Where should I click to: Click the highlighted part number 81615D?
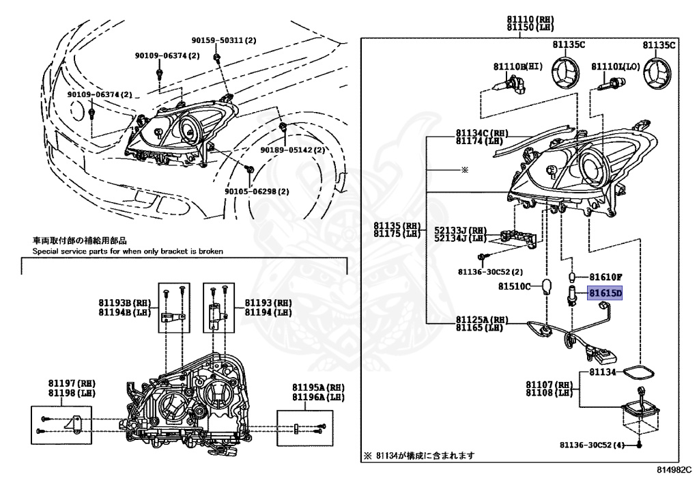605,292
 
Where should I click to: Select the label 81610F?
605,277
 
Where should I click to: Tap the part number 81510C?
513,286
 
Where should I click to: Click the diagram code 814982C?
674,471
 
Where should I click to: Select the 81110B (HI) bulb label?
517,66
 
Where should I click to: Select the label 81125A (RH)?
483,320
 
